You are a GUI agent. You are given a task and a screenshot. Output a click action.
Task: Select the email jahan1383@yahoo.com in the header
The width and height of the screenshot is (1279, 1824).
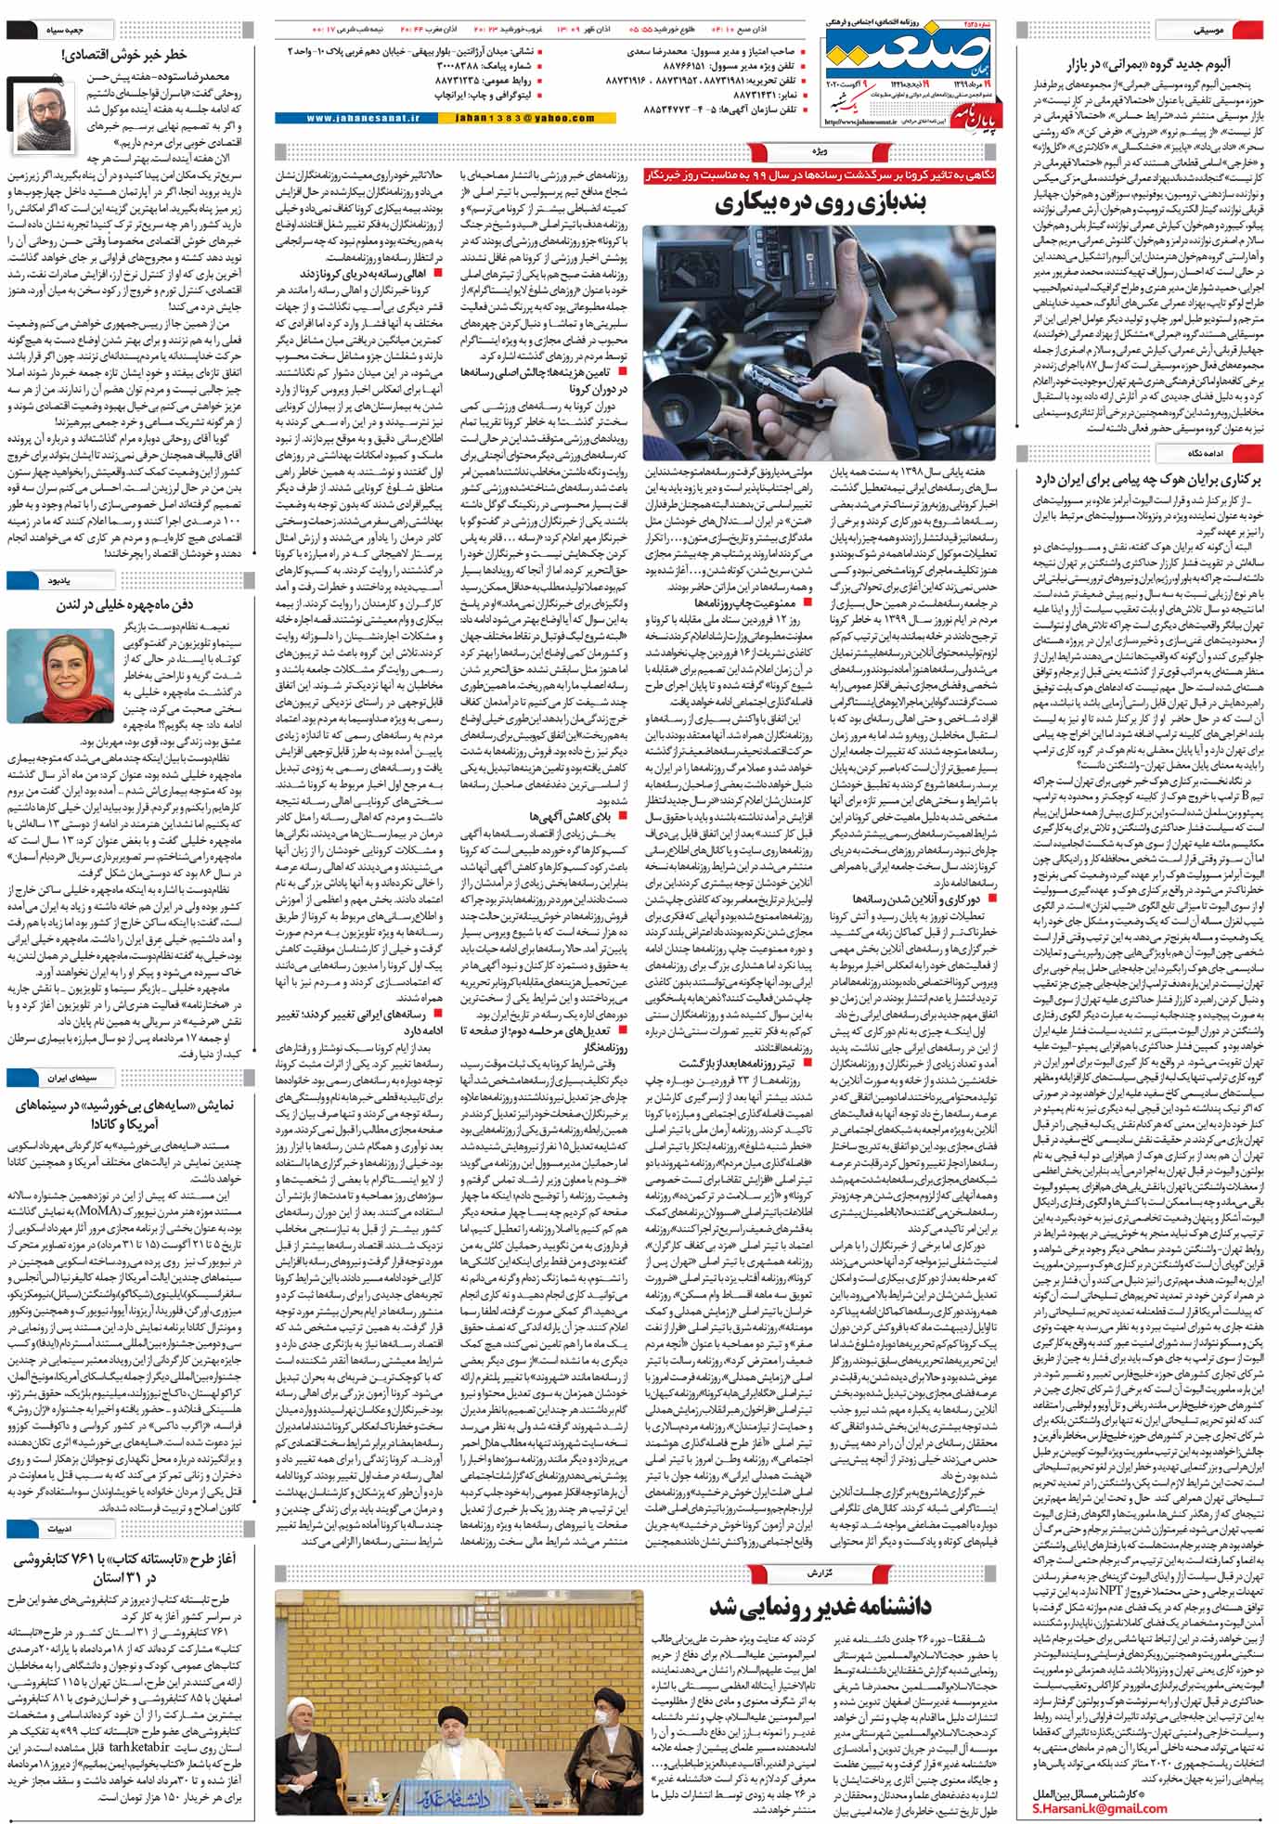click(x=538, y=119)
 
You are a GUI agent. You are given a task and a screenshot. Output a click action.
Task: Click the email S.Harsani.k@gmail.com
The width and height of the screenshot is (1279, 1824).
click(x=1099, y=1805)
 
